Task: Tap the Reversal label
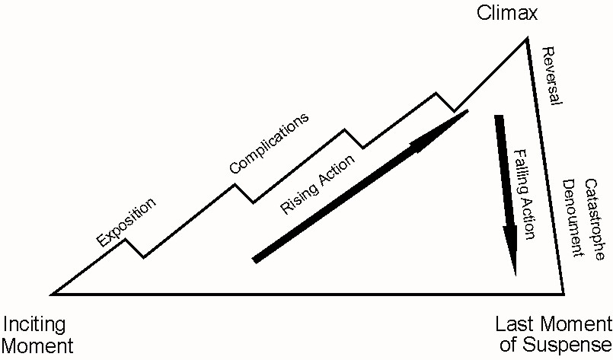pos(551,76)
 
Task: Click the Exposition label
pos(127,223)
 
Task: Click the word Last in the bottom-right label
pos(513,324)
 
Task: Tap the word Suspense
pos(565,346)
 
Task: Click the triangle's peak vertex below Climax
pos(526,37)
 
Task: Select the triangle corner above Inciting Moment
pos(52,293)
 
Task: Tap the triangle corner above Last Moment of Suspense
pos(564,293)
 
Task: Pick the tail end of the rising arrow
pos(255,260)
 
